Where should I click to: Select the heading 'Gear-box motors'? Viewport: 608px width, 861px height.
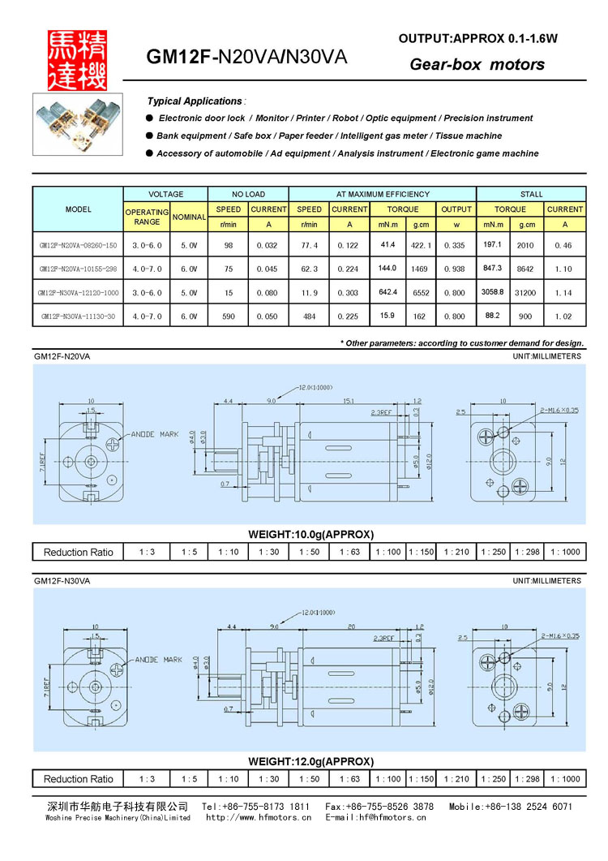[x=477, y=64]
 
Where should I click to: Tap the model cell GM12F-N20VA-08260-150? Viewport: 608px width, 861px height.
[x=78, y=245]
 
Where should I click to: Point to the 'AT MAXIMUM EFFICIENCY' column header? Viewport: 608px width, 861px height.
[x=383, y=195]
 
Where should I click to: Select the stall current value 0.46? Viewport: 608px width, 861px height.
[x=564, y=245]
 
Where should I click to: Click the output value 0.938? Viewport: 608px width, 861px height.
[x=456, y=269]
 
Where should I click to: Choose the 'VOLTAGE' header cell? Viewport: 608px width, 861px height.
[x=165, y=195]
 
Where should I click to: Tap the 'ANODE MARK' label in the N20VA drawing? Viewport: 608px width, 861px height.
[x=154, y=434]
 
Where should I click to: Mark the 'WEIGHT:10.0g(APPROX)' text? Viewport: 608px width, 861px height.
[x=310, y=534]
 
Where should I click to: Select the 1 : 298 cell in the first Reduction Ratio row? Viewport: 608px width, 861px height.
[x=528, y=552]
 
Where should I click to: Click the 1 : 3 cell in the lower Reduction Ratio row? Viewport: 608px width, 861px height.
[x=147, y=779]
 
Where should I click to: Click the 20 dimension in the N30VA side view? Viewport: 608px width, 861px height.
[x=351, y=626]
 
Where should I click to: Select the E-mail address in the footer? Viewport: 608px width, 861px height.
[x=375, y=817]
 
